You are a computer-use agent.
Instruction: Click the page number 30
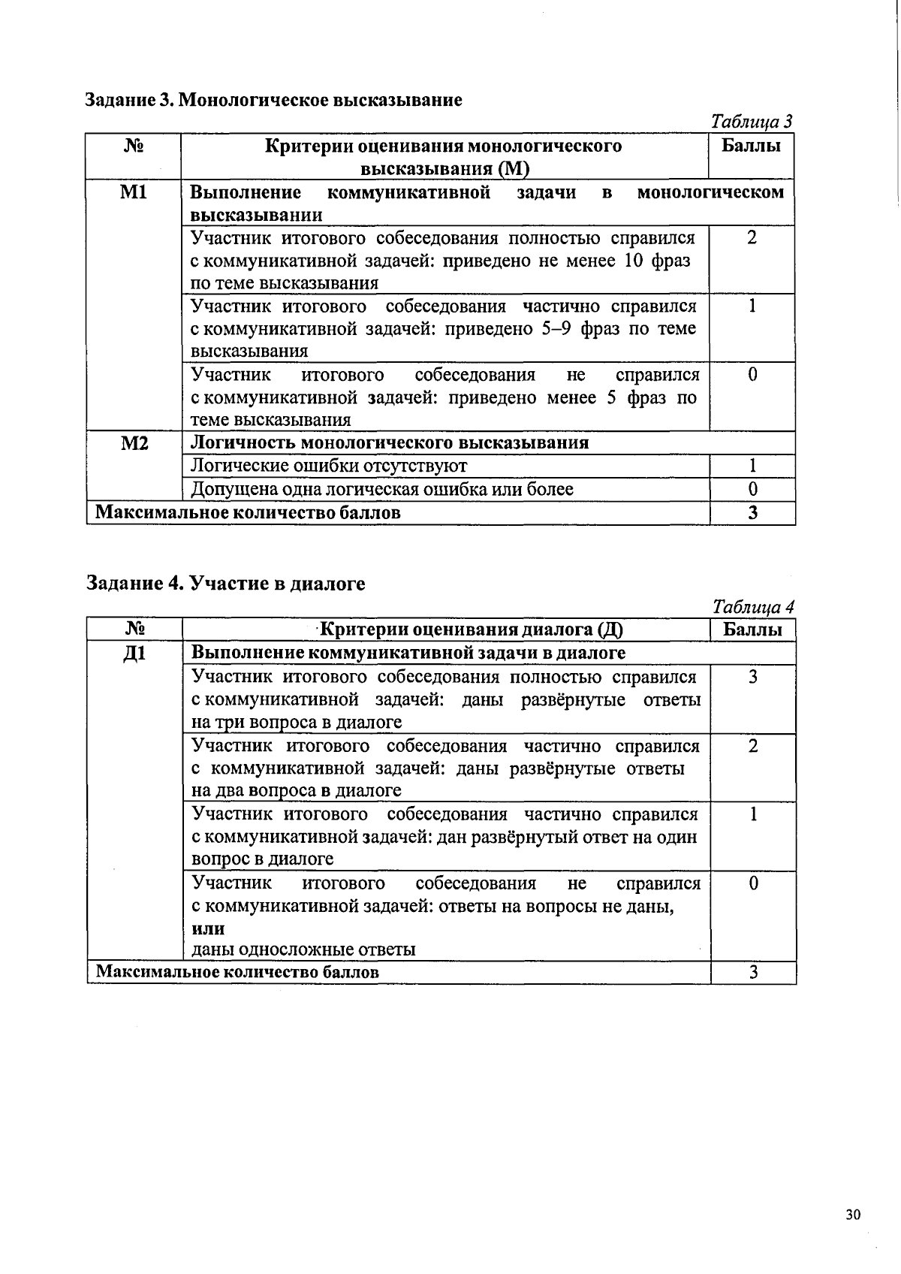point(852,1215)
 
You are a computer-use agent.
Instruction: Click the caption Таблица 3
point(752,122)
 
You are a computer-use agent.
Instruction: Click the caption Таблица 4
point(753,606)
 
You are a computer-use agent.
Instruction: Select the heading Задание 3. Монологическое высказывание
point(273,99)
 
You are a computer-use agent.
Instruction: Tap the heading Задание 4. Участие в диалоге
point(226,583)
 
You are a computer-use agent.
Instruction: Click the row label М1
point(134,193)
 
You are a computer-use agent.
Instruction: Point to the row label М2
point(134,443)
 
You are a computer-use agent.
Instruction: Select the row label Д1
point(134,654)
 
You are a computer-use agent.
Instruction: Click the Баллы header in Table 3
point(752,146)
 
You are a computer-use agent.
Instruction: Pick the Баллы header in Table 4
point(752,629)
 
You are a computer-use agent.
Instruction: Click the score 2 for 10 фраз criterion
point(752,238)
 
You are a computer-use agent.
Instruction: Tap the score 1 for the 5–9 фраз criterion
point(752,306)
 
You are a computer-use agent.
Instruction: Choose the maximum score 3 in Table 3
point(752,513)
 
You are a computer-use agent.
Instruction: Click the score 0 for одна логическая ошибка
point(752,490)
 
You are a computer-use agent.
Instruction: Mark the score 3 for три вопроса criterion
point(753,678)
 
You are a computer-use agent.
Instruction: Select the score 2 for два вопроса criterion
point(753,746)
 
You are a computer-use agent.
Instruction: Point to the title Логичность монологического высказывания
point(390,442)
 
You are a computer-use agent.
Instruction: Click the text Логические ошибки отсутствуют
point(329,466)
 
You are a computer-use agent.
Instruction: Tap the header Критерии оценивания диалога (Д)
point(472,629)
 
